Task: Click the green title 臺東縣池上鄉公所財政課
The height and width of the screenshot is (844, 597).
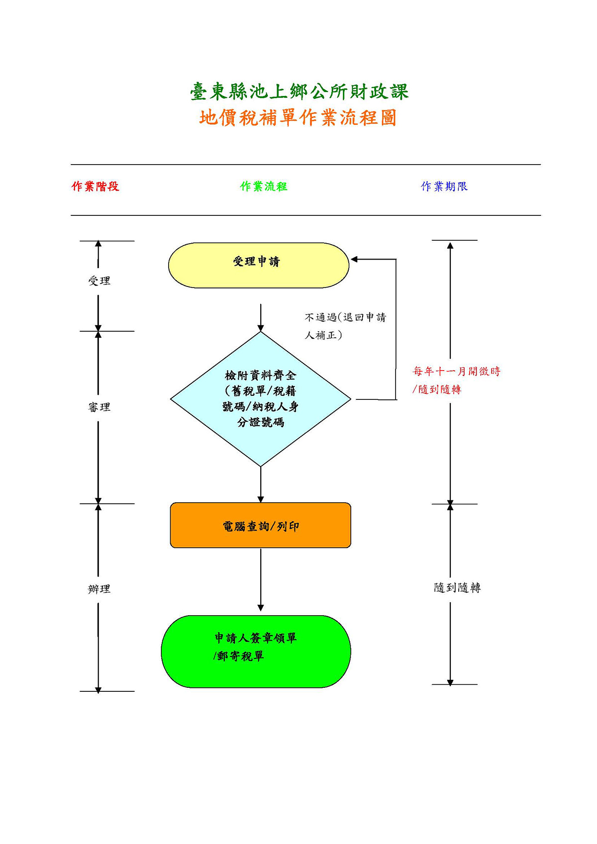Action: (x=299, y=92)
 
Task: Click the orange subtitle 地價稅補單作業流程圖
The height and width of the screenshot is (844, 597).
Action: (x=298, y=118)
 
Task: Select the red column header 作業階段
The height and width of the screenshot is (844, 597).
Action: (x=96, y=186)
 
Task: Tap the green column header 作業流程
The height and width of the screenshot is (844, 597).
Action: (x=264, y=186)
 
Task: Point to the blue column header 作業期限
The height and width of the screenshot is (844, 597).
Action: (x=444, y=186)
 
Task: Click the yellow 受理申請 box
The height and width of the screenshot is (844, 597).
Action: (x=259, y=265)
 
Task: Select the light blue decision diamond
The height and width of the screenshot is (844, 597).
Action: (x=260, y=399)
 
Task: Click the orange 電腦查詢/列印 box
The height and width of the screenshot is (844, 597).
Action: (x=260, y=525)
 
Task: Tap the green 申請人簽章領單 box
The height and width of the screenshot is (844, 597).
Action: (x=256, y=652)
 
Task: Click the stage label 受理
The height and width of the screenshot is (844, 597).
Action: (x=99, y=281)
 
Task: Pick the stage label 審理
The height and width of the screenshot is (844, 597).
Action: (x=99, y=407)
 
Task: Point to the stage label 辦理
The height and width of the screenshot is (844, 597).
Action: (x=99, y=589)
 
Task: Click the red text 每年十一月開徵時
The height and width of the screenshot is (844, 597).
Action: (x=456, y=372)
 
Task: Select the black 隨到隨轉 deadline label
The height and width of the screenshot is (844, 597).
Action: (x=457, y=587)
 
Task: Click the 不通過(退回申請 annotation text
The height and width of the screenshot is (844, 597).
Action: (x=345, y=317)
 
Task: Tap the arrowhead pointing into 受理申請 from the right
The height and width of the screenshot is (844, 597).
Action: (x=354, y=259)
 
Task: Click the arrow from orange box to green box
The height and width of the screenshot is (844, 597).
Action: (x=260, y=579)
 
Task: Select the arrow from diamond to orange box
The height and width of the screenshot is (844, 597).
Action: (x=260, y=484)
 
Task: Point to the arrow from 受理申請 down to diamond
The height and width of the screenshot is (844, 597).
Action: (x=260, y=318)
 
